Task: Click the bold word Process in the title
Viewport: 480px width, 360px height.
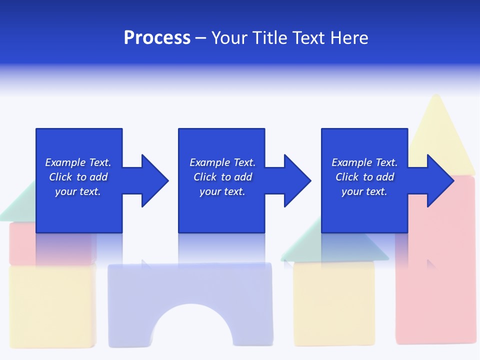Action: (157, 38)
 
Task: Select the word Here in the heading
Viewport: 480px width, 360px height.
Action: (348, 38)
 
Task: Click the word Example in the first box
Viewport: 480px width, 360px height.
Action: (65, 162)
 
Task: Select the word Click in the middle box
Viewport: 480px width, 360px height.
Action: (204, 177)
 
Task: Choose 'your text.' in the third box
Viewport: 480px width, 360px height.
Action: (364, 191)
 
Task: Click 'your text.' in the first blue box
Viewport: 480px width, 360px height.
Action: (77, 191)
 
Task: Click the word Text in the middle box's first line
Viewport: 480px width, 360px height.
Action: (244, 162)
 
